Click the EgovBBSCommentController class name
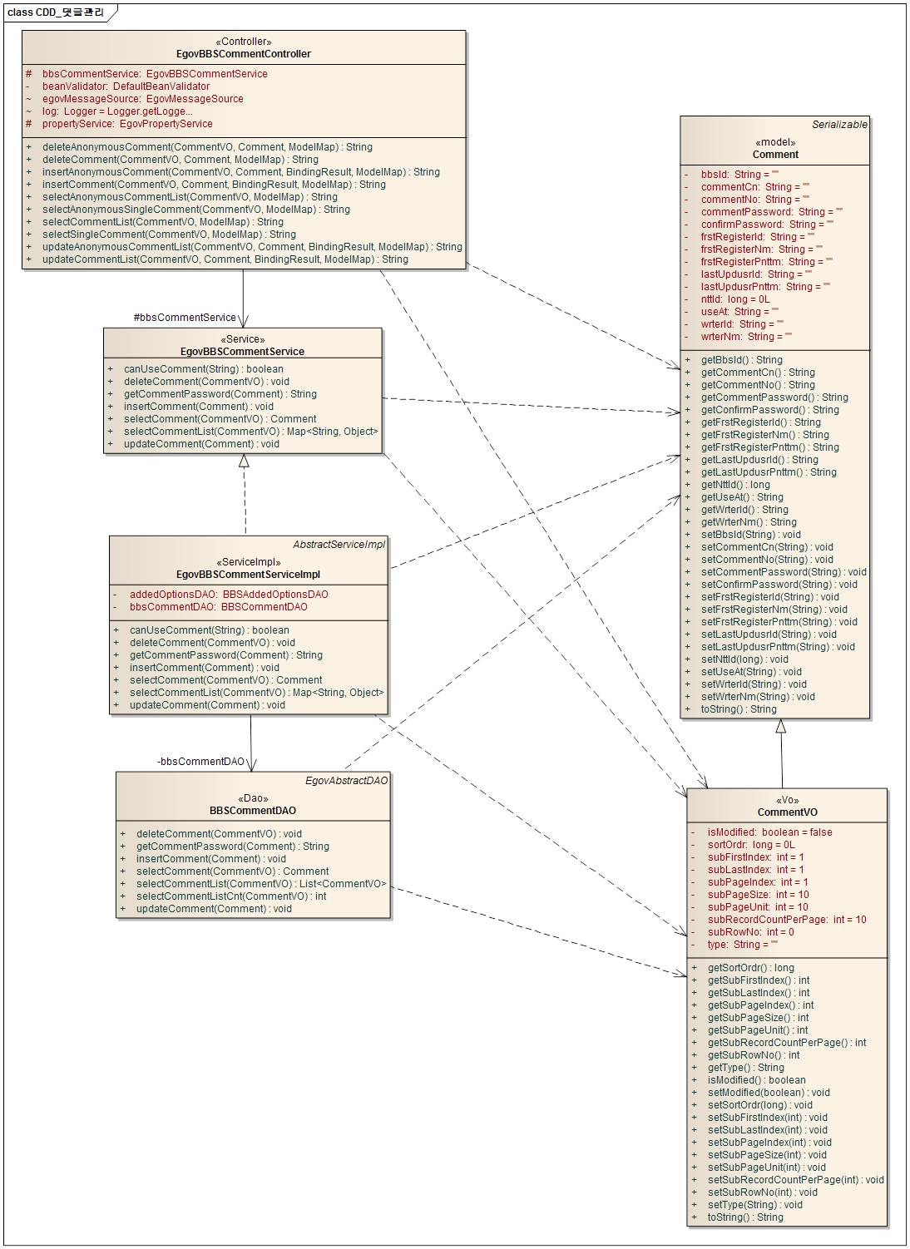click(244, 54)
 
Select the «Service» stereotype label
click(242, 339)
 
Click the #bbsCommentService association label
click(185, 318)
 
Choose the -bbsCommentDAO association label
click(200, 762)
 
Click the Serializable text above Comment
click(839, 125)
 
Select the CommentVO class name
click(787, 812)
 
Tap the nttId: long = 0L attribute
click(735, 299)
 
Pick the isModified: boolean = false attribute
click(769, 832)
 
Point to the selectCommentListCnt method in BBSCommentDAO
click(231, 896)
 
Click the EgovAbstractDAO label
click(346, 781)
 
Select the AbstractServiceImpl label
click(339, 545)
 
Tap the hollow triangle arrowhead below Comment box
click(780, 726)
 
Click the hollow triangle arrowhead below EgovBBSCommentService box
click(244, 461)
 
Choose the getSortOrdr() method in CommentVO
click(750, 968)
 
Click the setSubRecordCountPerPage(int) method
click(795, 1180)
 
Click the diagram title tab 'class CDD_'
click(56, 12)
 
